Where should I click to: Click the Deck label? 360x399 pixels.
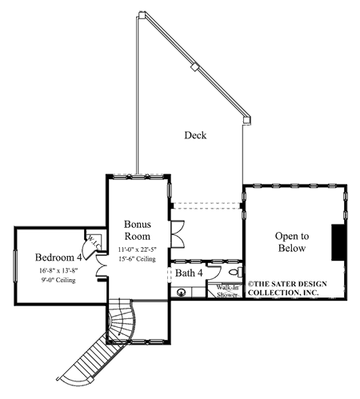195,135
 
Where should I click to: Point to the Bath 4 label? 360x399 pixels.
189,273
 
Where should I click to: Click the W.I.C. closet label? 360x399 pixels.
92,241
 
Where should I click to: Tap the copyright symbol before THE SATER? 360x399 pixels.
250,282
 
